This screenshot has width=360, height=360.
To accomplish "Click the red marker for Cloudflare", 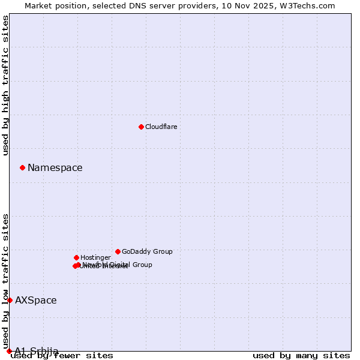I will (x=141, y=127).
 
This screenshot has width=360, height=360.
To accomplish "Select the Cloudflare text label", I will (x=161, y=127).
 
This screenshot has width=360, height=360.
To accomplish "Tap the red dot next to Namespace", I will (x=22, y=167).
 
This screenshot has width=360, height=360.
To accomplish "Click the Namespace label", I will (x=55, y=168).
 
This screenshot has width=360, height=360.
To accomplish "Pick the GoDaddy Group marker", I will (x=118, y=251).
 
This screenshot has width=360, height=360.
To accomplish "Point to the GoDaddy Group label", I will (x=147, y=251).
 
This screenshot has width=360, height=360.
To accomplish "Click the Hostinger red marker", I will (x=76, y=257).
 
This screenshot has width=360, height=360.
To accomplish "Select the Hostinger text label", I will (x=95, y=257).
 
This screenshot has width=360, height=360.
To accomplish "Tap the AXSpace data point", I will (x=10, y=300).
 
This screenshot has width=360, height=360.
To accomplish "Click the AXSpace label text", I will (x=36, y=301).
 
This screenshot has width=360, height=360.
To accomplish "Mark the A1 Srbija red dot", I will (x=9, y=351).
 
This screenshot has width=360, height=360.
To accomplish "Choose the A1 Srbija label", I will (x=37, y=351).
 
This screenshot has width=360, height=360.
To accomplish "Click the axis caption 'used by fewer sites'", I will (x=62, y=356).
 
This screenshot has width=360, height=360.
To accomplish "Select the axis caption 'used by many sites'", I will (x=301, y=356).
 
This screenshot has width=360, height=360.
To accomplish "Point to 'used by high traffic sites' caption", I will (x=6, y=85).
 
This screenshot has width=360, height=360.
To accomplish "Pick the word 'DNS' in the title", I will (x=130, y=5).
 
